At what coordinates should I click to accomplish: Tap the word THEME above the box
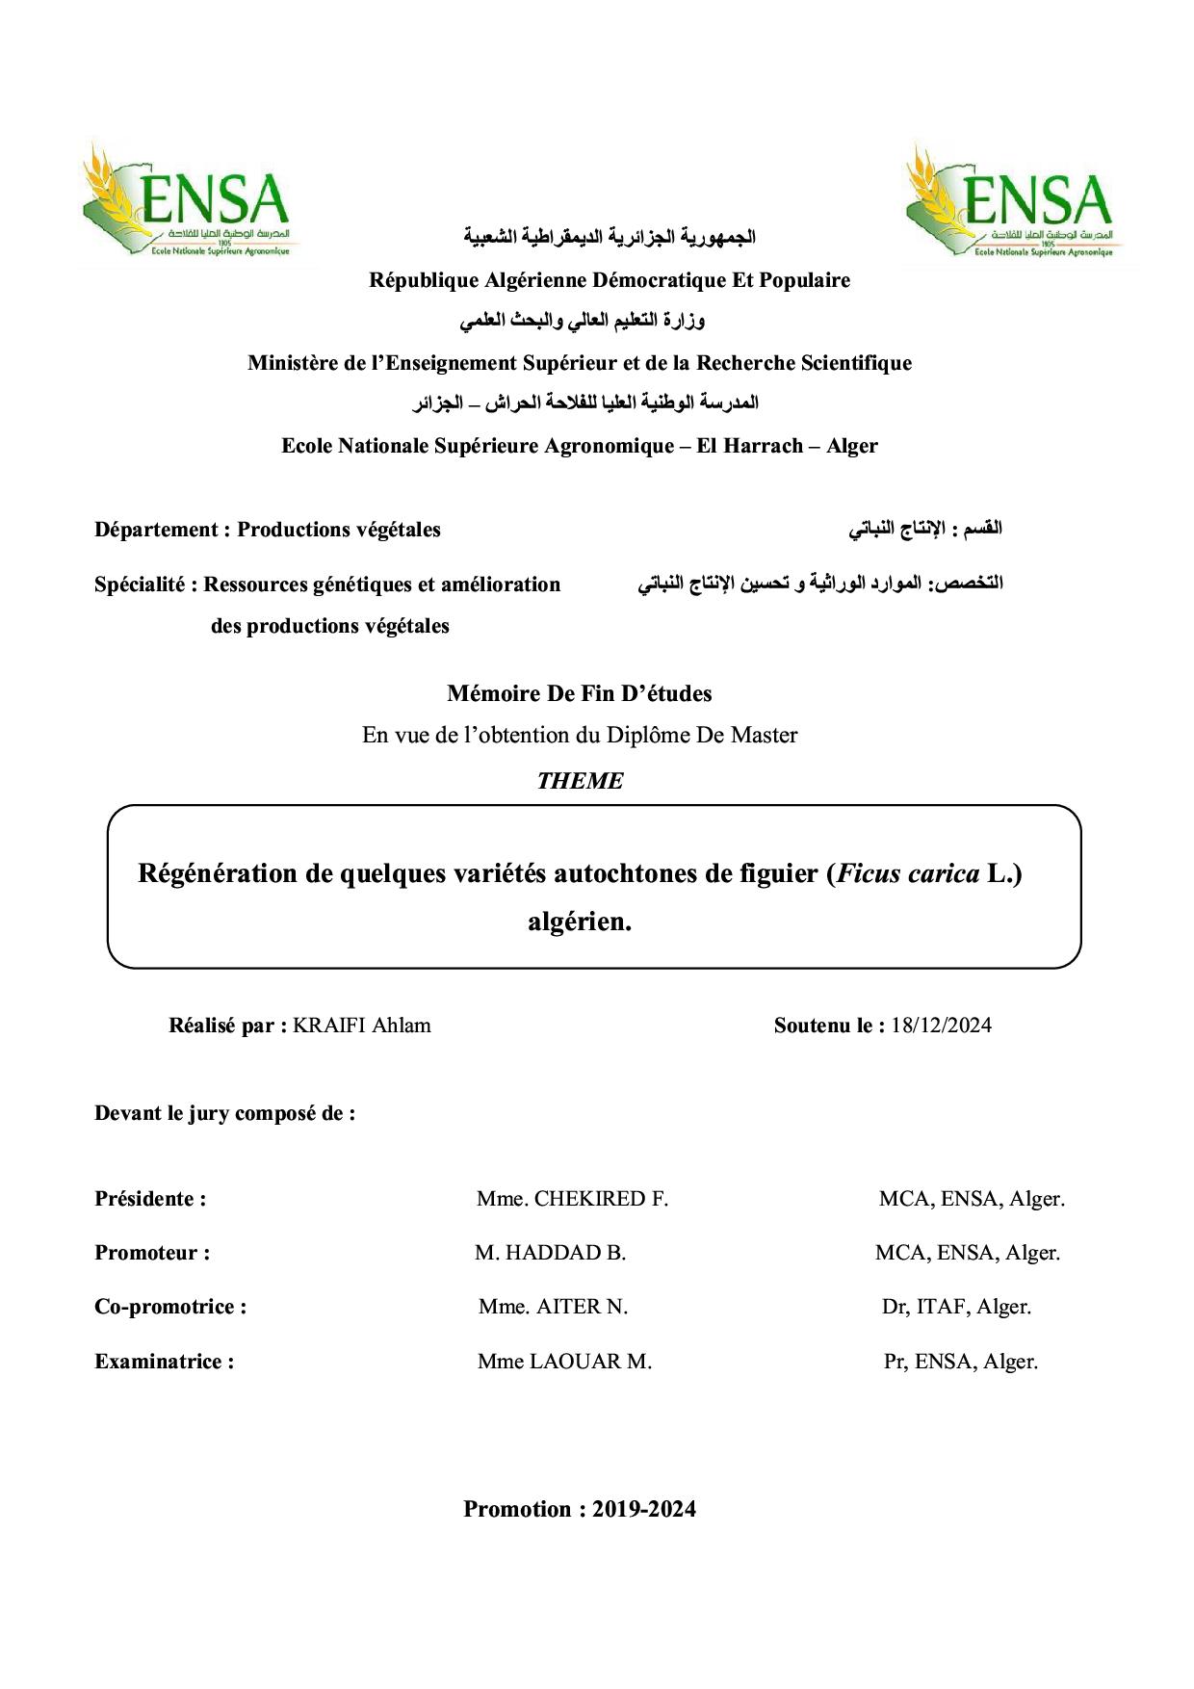[580, 781]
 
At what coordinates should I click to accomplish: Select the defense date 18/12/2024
[941, 1026]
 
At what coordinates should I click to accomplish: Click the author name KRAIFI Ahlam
[362, 1026]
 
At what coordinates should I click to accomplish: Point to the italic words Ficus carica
[907, 873]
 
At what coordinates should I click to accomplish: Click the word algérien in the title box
[580, 922]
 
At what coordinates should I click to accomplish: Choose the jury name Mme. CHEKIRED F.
[572, 1200]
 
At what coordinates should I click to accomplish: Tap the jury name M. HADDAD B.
[550, 1254]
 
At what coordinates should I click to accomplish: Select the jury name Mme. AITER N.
[553, 1308]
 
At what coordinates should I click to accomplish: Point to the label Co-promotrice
[169, 1308]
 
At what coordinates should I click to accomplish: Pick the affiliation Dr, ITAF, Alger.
[956, 1308]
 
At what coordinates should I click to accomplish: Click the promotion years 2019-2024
[644, 1509]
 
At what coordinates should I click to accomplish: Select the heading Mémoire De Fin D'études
[580, 693]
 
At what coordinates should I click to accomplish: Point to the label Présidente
[150, 1200]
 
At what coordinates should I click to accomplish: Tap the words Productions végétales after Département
[339, 530]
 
